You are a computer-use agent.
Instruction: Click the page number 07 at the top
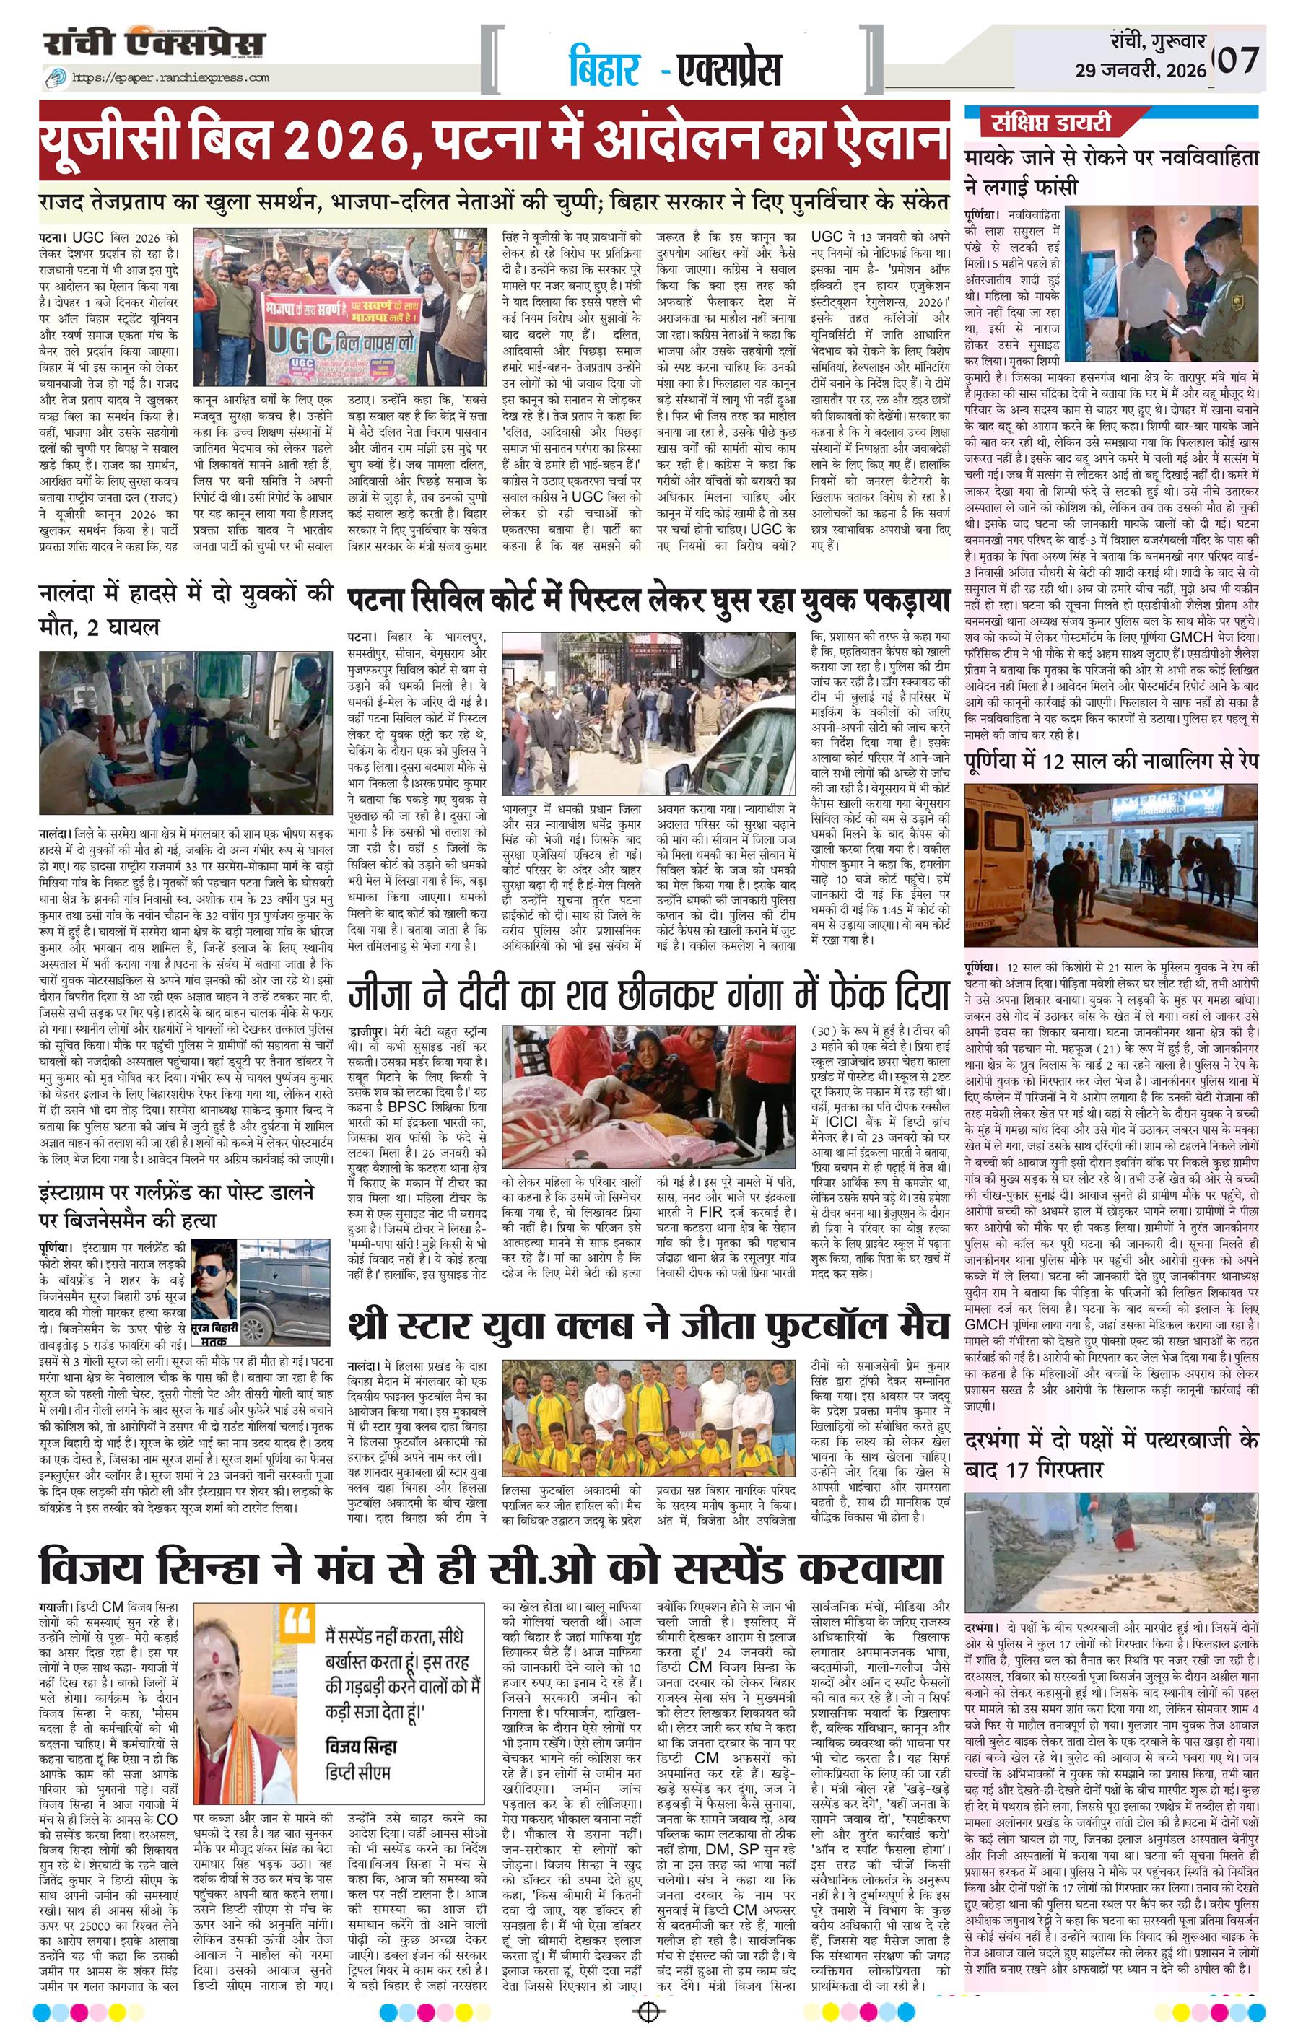pyautogui.click(x=1240, y=61)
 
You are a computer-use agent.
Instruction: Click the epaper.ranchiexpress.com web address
pyautogui.click(x=170, y=77)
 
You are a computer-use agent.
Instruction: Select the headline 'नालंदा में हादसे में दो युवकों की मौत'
pyautogui.click(x=187, y=609)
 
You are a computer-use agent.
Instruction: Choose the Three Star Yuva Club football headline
pyautogui.click(x=647, y=1324)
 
